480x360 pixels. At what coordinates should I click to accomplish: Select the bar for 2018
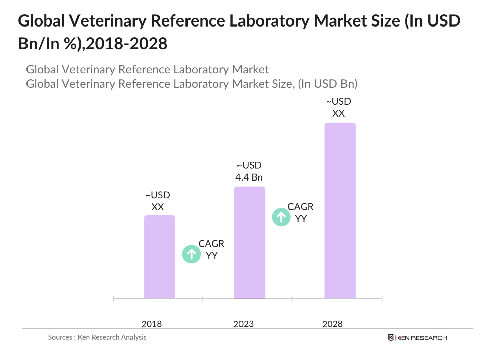pos(159,257)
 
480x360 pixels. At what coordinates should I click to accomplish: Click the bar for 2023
pos(250,242)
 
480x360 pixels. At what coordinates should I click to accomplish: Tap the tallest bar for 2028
pos(339,210)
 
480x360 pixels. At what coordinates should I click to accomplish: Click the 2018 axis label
pos(152,324)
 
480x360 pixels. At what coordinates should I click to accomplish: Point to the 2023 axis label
pos(244,324)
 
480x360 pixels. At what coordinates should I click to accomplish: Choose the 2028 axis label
pos(332,324)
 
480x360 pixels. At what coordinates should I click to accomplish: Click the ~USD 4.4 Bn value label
pos(249,171)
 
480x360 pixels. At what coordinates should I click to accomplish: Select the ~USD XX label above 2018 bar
pos(158,201)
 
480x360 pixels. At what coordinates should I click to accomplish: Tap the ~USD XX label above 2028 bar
pos(338,107)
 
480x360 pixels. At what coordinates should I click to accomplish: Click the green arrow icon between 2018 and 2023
pos(192,254)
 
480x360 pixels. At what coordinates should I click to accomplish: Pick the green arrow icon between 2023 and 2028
pos(281,217)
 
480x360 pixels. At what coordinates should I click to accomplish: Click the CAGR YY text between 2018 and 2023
pos(211,249)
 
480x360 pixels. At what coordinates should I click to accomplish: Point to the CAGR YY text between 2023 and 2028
pos(301,212)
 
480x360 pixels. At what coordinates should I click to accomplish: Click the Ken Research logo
pos(417,338)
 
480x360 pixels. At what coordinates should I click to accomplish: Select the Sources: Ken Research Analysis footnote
pos(97,337)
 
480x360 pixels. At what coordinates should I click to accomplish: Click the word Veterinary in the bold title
pos(108,21)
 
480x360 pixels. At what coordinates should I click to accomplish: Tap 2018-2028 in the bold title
pos(126,44)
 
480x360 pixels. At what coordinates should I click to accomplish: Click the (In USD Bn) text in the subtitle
pos(327,84)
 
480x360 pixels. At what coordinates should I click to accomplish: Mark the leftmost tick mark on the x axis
pos(114,298)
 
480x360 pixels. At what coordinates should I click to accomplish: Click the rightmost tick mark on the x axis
pos(382,298)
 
